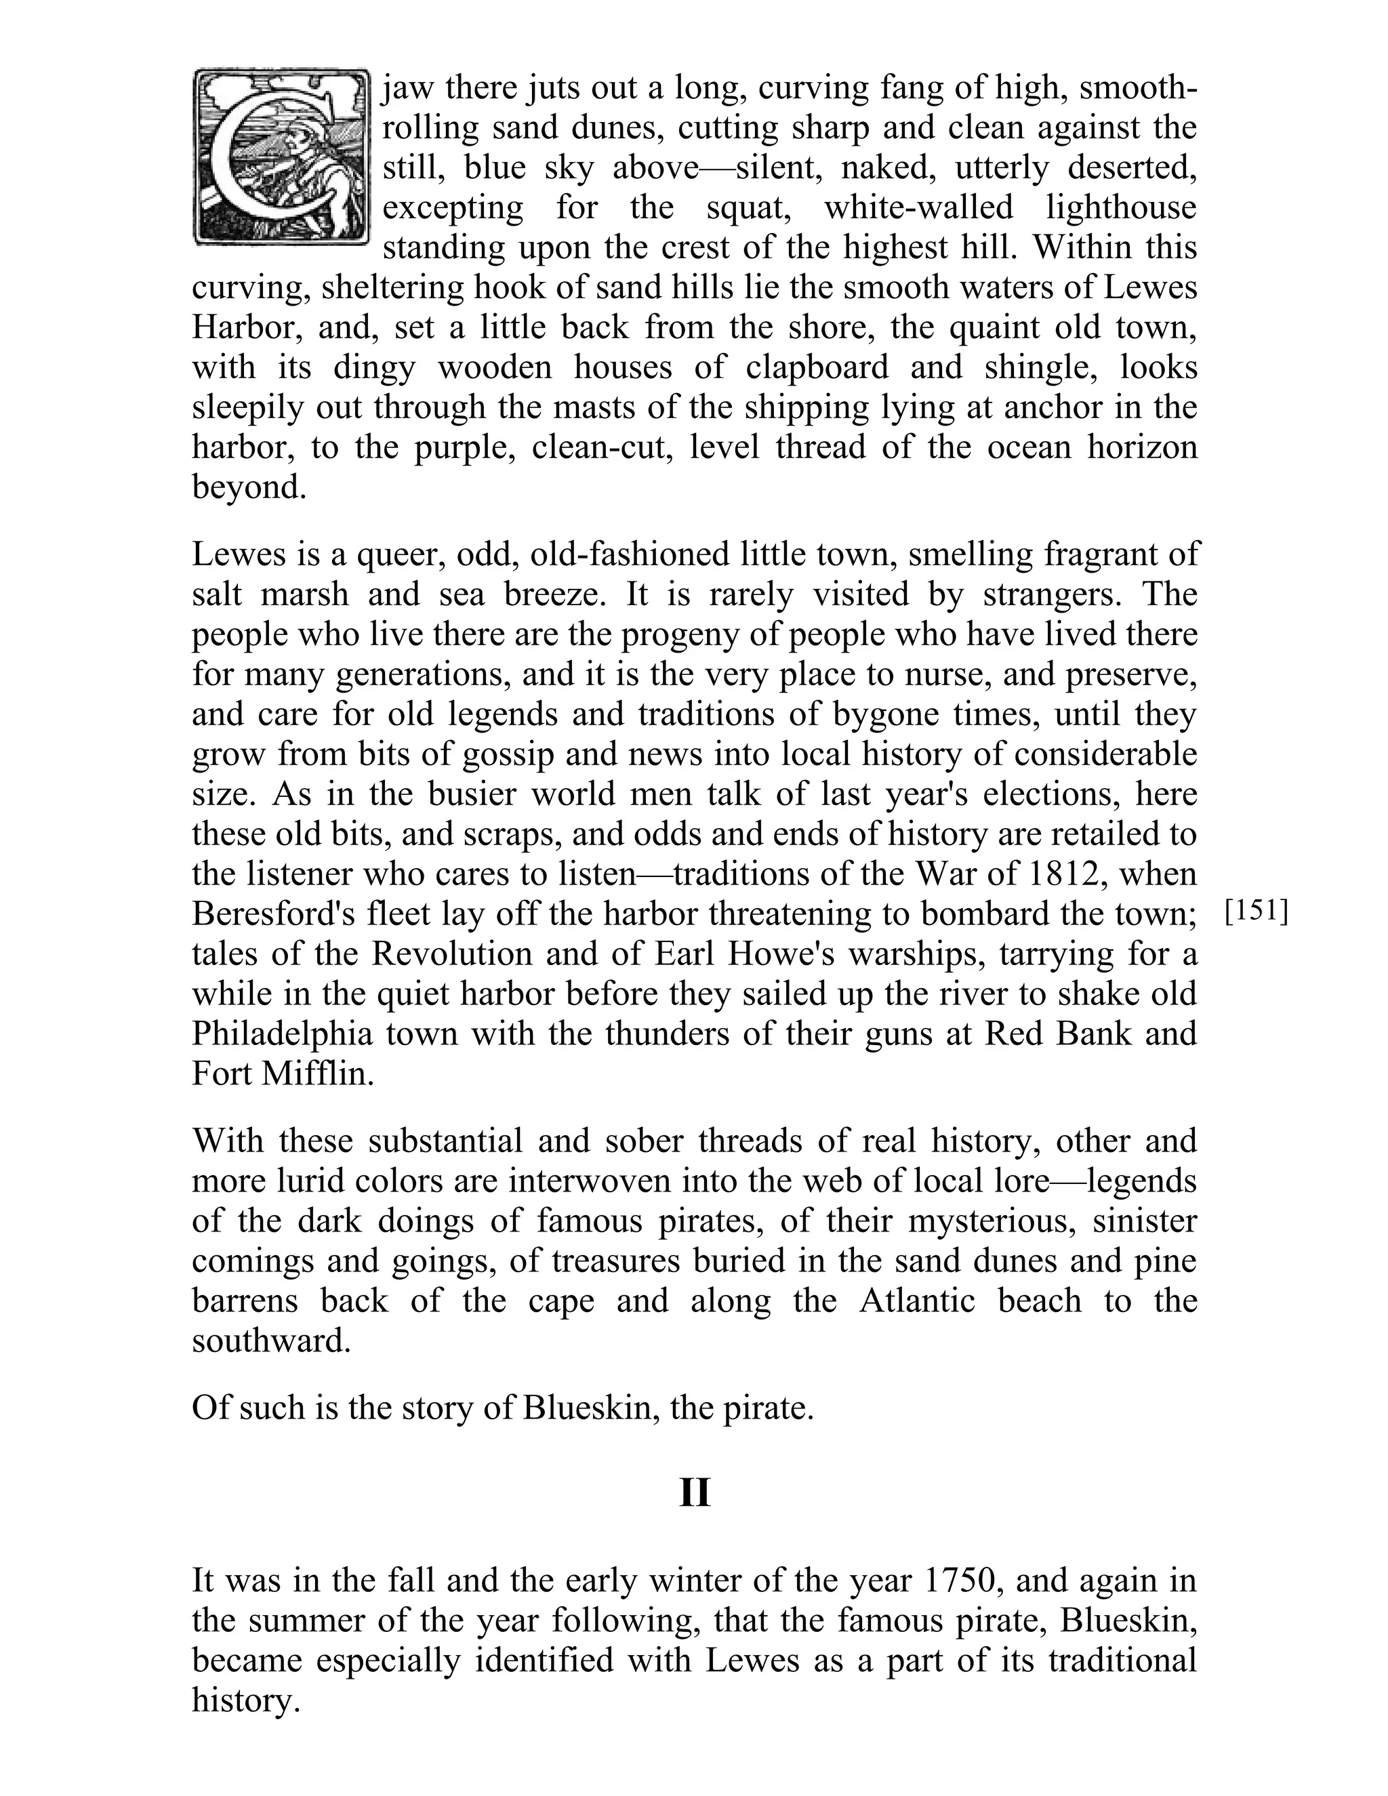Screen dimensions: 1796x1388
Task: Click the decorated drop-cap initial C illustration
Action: [281, 157]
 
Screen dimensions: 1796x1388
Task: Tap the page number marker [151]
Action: [1256, 912]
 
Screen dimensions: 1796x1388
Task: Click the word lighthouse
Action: [1121, 207]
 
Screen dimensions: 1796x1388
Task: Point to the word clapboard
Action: [817, 367]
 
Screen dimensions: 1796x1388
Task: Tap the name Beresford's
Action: [277, 914]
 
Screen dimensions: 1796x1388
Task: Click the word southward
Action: [271, 1341]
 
